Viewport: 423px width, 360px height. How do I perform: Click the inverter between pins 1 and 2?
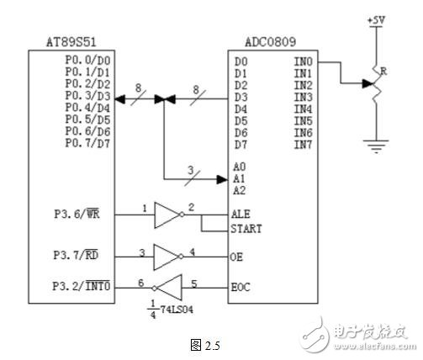click(167, 215)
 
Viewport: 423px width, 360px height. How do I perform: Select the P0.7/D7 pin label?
click(88, 144)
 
